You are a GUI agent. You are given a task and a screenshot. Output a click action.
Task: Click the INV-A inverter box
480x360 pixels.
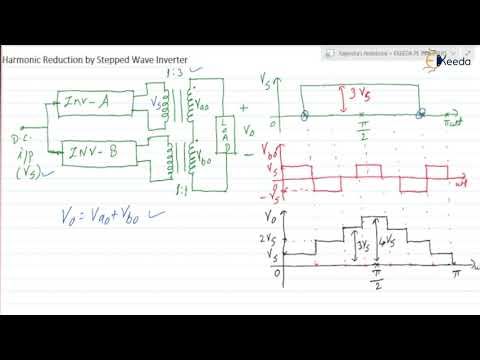[98, 102]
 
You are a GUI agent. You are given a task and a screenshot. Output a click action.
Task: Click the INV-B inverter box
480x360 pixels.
[98, 152]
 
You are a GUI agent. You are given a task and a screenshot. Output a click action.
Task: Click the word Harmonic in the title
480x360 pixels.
[24, 61]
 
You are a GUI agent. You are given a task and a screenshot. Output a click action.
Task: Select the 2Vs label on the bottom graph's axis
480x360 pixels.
[266, 237]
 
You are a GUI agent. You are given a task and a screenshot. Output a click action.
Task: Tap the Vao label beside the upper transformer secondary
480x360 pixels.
[204, 100]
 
